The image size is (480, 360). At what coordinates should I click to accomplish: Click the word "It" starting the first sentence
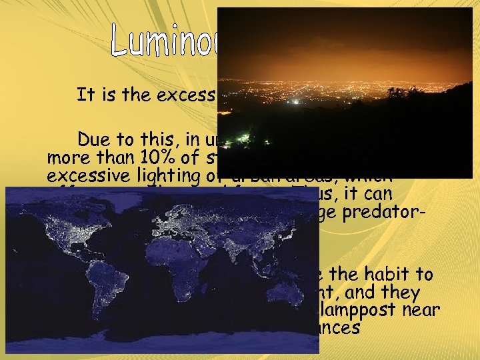pyautogui.click(x=85, y=95)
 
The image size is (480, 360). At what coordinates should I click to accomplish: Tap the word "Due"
pyautogui.click(x=95, y=140)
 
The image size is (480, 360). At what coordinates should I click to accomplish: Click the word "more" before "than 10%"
pyautogui.click(x=67, y=159)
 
